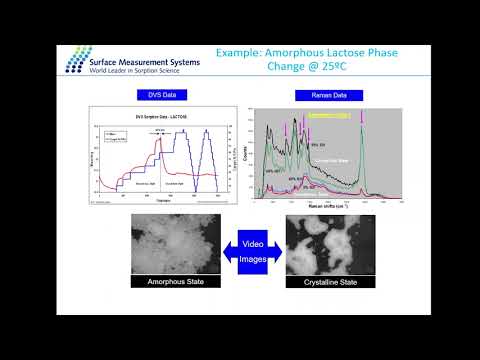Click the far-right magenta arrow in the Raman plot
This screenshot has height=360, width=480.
coord(363,120)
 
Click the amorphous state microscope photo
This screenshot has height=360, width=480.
coord(175,252)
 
